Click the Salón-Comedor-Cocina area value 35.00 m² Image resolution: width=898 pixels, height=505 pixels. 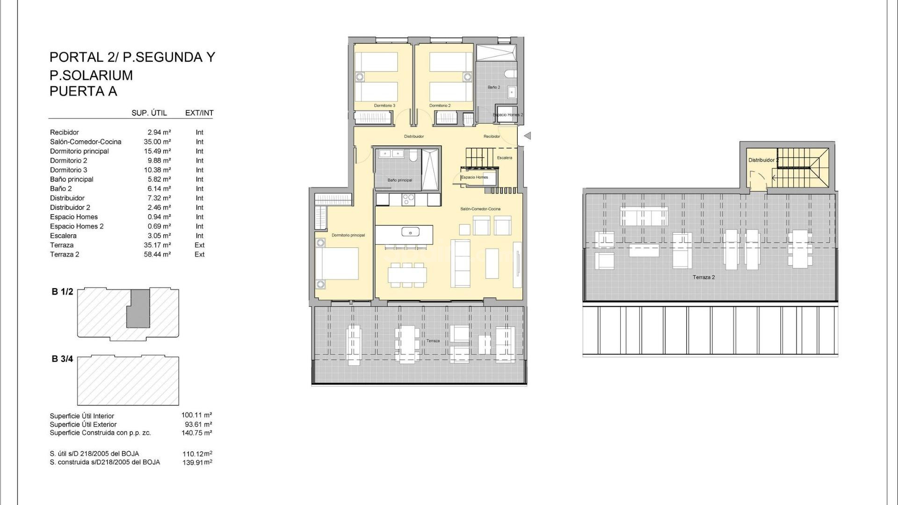coord(157,142)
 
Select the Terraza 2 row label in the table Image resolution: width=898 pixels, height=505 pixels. coord(65,254)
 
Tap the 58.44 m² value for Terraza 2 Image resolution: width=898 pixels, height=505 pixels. coord(157,254)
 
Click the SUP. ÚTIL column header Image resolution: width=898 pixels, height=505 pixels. coord(149,113)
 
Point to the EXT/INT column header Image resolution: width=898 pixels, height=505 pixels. coord(199,113)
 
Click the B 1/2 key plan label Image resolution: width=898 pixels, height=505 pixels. coord(62,292)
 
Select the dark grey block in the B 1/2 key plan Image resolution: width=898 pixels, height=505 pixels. coord(138,309)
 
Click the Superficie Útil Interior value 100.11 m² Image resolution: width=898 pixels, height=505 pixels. coord(196,415)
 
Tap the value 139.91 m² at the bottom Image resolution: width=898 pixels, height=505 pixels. coord(197,462)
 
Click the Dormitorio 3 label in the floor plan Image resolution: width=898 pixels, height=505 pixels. coord(384,106)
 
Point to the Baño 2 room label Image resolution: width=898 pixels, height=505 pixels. coord(494,87)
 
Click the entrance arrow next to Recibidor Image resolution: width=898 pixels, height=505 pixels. coord(528,136)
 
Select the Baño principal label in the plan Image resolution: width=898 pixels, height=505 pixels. coord(400,180)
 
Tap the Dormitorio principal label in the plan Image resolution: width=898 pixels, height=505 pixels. coord(348,235)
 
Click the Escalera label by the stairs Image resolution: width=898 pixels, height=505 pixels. coord(504,158)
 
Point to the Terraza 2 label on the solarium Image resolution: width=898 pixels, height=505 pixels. coord(703,277)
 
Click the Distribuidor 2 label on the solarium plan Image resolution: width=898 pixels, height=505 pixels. coord(762,160)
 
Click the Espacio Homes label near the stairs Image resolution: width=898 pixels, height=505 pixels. coord(475,177)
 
